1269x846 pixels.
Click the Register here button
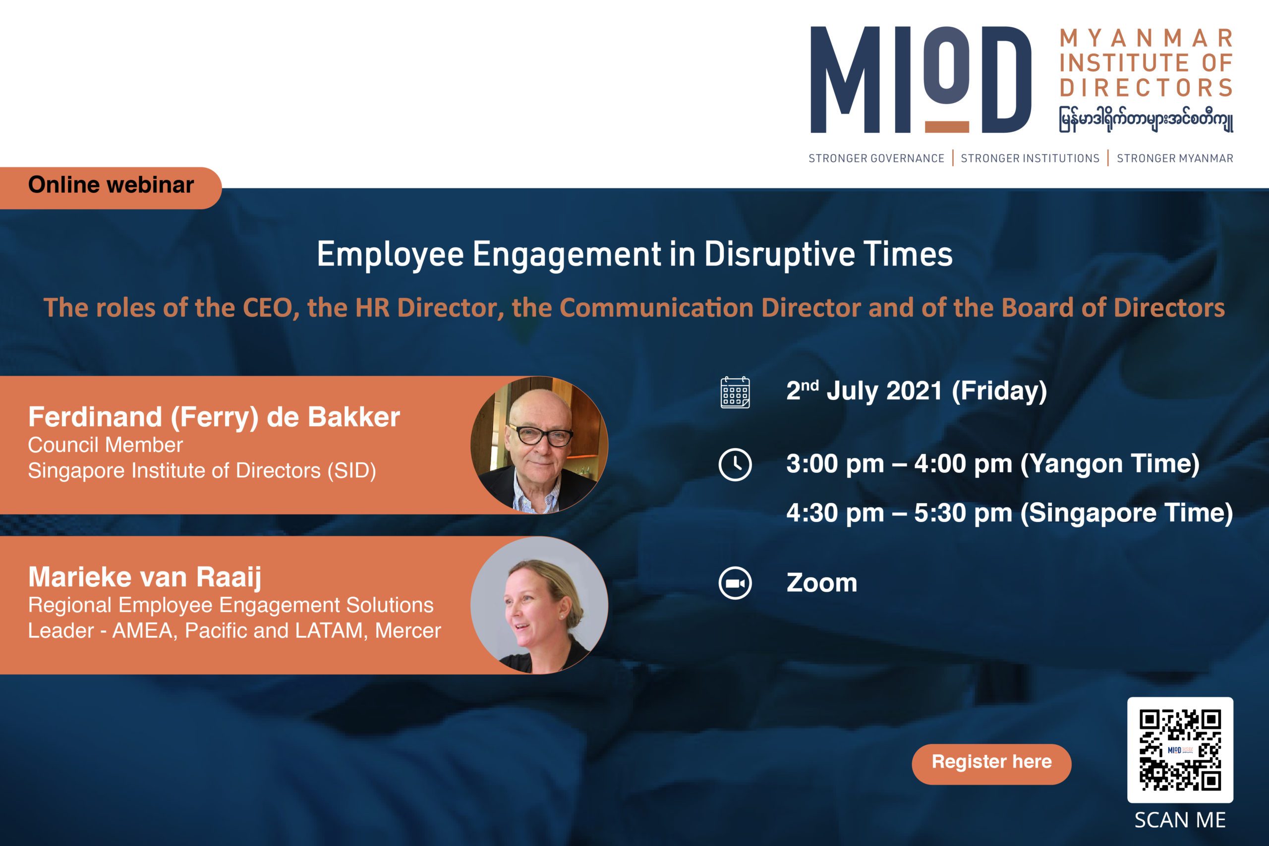[991, 764]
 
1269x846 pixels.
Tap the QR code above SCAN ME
[1180, 750]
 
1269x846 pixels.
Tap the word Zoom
[822, 583]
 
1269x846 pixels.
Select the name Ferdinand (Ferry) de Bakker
[214, 417]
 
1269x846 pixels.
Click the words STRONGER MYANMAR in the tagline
[1175, 158]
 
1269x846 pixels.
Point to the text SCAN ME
[1180, 820]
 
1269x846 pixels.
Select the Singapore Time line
[1009, 513]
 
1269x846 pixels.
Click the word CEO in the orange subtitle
[268, 308]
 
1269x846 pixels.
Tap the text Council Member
[105, 445]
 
